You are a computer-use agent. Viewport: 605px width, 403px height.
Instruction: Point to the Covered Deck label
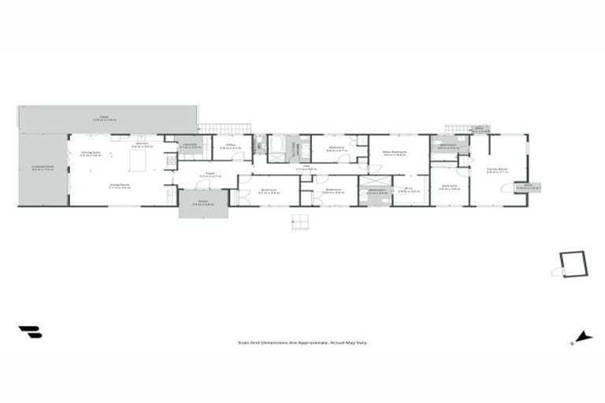tap(43, 168)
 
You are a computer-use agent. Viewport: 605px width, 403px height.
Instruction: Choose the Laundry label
tap(190, 146)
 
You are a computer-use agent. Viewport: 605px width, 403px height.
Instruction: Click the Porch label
tap(202, 203)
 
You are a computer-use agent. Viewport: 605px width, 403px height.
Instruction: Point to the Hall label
tap(306, 167)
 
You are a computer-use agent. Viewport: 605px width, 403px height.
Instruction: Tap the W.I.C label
tap(408, 190)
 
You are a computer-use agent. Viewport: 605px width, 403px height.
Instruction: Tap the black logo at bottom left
tap(31, 332)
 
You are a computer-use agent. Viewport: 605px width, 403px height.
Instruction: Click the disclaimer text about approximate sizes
tap(302, 342)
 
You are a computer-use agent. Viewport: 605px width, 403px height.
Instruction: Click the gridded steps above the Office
tap(225, 128)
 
